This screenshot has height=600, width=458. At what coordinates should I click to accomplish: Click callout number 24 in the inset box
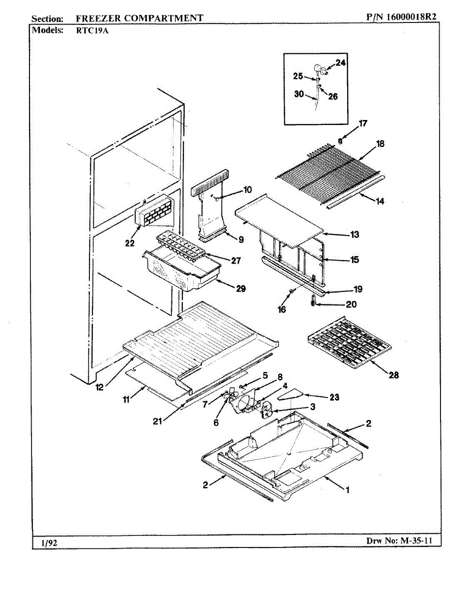point(340,63)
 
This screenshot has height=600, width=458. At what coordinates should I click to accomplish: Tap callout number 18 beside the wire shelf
point(380,143)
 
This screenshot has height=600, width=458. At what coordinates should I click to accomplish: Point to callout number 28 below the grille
point(394,375)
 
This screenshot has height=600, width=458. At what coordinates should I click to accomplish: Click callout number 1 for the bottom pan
point(348,490)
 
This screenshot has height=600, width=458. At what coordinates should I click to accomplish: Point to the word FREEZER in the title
point(98,18)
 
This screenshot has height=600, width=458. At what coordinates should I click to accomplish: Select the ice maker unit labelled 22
point(154,212)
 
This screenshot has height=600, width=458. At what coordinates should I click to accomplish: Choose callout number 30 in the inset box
point(299,93)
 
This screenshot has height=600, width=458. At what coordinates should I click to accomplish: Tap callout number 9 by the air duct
point(241,239)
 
